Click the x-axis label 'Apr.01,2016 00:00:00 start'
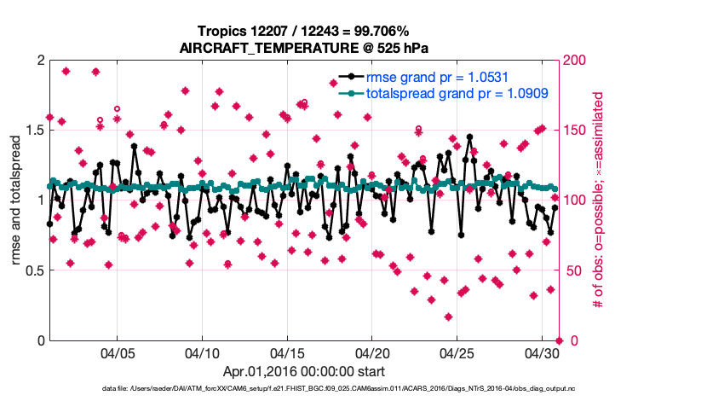303,372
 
